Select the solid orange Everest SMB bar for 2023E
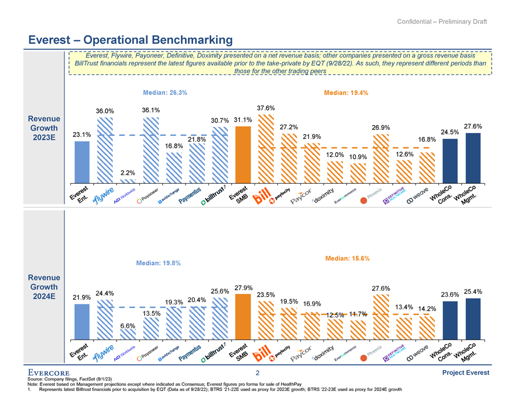click(x=242, y=155)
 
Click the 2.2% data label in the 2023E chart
click(x=128, y=173)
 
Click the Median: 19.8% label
click(x=158, y=263)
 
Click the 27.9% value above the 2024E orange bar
click(x=242, y=288)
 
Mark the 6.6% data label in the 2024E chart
click(x=128, y=325)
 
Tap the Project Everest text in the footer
click(x=466, y=373)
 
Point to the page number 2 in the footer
click(x=257, y=373)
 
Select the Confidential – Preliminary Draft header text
click(x=442, y=22)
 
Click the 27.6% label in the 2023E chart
click(x=472, y=126)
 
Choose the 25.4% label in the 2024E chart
click(x=472, y=291)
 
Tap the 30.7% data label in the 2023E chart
click(x=219, y=121)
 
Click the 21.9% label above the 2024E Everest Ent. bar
click(x=82, y=297)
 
